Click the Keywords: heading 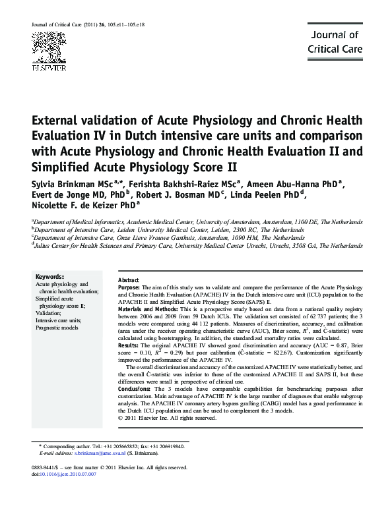click(50, 276)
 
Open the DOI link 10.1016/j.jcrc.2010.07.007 click(67, 474)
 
